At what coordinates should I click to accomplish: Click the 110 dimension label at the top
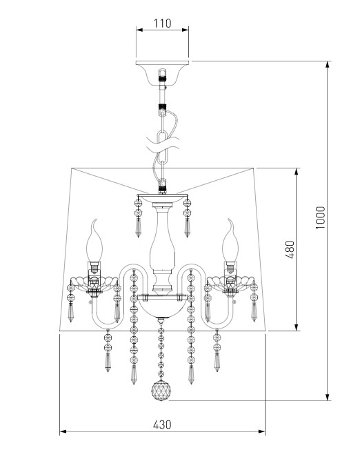162,23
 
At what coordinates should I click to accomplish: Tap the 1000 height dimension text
321,217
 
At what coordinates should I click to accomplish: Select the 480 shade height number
290,249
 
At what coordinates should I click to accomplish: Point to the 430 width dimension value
162,424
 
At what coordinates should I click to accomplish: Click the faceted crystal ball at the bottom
161,390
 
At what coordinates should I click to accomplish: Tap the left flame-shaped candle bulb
94,241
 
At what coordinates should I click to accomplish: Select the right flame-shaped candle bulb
230,240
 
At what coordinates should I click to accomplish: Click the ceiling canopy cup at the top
162,73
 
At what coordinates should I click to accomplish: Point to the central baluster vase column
162,248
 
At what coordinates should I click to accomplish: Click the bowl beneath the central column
162,306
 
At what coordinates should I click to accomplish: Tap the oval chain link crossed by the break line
163,146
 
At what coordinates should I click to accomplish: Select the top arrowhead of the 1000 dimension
328,64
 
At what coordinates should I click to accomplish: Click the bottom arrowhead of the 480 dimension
297,328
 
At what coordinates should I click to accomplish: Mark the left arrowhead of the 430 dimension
63,431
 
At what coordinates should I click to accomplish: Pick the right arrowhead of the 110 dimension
185,30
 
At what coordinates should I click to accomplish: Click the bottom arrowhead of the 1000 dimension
328,397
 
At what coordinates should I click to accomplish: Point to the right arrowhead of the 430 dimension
261,431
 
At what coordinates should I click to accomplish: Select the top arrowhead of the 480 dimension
297,172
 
